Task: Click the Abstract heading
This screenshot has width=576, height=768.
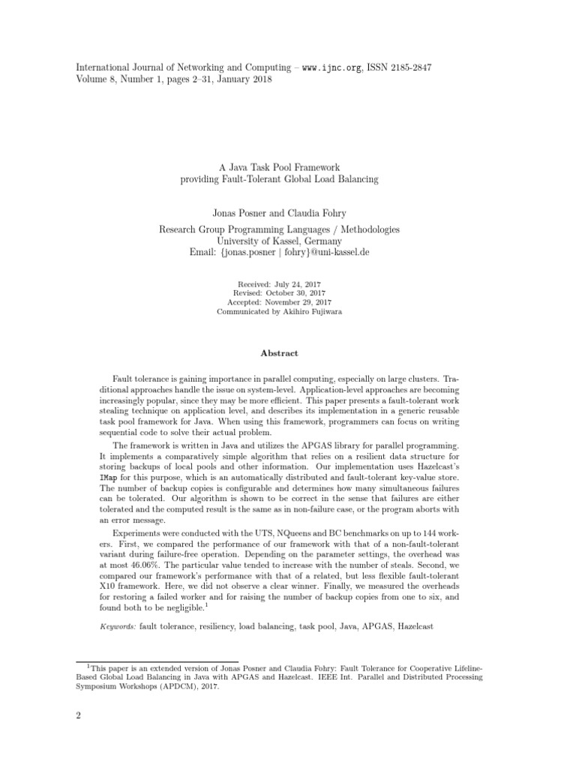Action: click(x=279, y=353)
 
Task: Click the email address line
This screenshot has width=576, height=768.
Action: click(x=279, y=253)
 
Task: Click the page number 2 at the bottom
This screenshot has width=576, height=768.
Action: click(x=78, y=715)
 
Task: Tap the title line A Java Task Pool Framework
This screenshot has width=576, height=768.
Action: click(x=279, y=167)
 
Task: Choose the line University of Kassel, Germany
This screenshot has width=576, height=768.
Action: click(x=279, y=241)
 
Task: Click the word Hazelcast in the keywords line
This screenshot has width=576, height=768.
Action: click(x=415, y=625)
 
